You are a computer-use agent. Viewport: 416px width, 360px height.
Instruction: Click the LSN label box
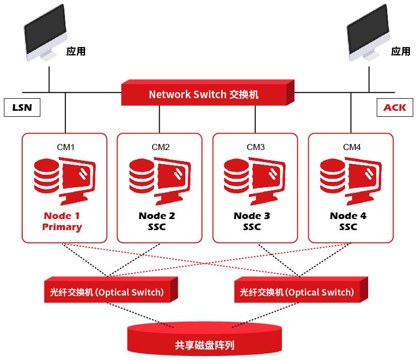[22, 108]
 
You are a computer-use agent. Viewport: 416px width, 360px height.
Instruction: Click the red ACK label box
[394, 108]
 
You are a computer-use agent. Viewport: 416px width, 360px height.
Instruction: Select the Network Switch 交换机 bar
[204, 94]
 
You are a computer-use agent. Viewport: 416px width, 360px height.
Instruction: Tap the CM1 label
[65, 147]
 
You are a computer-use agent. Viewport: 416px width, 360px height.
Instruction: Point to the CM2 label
[161, 147]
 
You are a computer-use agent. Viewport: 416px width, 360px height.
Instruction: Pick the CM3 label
[255, 147]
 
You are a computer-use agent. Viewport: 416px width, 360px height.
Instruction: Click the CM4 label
[352, 147]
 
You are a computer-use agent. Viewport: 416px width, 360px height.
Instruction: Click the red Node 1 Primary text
[62, 222]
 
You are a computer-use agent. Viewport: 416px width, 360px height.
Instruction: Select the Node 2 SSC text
[157, 222]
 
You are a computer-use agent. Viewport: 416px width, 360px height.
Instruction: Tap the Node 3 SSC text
[252, 222]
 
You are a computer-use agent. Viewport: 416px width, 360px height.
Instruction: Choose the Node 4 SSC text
[348, 222]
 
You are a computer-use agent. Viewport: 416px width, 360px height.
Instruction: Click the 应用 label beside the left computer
[76, 51]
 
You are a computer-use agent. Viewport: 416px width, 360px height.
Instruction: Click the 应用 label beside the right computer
[401, 51]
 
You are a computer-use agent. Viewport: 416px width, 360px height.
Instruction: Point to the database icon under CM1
[46, 176]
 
